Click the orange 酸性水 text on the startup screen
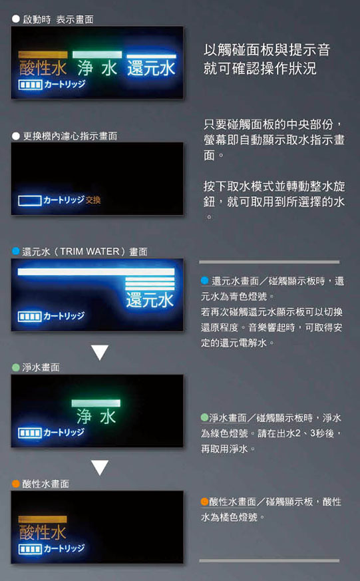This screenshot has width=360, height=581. click(43, 69)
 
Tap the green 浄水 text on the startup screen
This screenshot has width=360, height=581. click(97, 69)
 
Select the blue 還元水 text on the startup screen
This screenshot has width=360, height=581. click(151, 69)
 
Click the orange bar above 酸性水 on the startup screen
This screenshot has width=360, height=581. click(43, 55)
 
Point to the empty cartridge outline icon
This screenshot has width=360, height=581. click(30, 200)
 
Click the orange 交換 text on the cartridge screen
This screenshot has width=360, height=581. click(93, 200)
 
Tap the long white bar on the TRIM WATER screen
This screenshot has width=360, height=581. click(96, 272)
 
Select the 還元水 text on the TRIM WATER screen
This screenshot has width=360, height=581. click(150, 299)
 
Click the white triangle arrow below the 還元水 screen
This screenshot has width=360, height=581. click(100, 352)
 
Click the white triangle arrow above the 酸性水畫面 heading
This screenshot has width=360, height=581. click(100, 468)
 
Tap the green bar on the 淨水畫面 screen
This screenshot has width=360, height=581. click(96, 403)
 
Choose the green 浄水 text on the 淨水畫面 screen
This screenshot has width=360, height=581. click(96, 417)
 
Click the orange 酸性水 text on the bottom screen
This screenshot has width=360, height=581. click(43, 532)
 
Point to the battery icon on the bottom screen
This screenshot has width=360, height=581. click(30, 549)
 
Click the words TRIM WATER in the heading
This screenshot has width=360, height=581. click(90, 252)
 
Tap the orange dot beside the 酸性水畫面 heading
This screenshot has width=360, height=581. click(15, 484)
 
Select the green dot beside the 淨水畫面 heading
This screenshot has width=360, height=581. click(15, 367)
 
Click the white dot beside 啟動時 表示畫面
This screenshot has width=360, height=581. click(15, 19)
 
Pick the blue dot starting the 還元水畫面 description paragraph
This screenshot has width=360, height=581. click(205, 280)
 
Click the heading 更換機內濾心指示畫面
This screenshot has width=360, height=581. click(70, 136)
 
